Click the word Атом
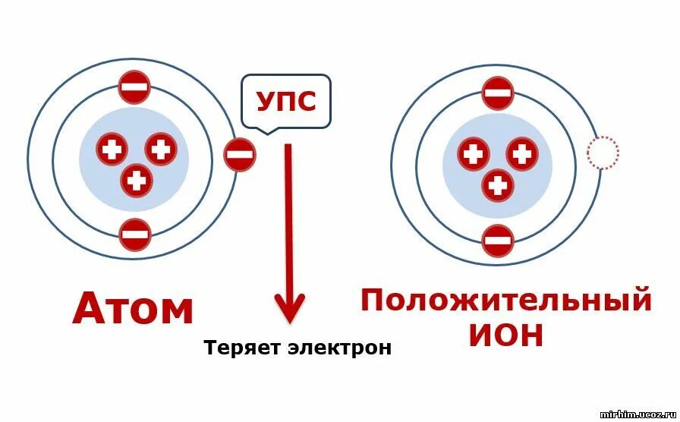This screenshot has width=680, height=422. click(134, 309)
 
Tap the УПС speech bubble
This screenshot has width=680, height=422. click(286, 101)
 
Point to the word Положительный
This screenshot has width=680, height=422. click(506, 301)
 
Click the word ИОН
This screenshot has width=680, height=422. click(506, 335)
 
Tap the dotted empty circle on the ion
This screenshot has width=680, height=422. click(603, 153)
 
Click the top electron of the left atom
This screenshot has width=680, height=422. click(134, 87)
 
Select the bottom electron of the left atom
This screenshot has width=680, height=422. click(135, 235)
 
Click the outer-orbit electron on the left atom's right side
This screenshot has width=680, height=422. click(240, 155)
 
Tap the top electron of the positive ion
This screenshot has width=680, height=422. click(498, 93)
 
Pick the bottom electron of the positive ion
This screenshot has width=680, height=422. click(498, 241)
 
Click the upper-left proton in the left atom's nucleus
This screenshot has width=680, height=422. click(112, 150)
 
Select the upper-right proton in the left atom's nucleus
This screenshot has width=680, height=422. click(161, 148)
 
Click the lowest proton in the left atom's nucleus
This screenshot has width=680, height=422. click(137, 180)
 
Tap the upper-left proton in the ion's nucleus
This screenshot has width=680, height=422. click(474, 154)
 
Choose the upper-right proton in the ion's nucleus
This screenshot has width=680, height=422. click(522, 153)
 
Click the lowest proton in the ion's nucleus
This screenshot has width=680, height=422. click(498, 184)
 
